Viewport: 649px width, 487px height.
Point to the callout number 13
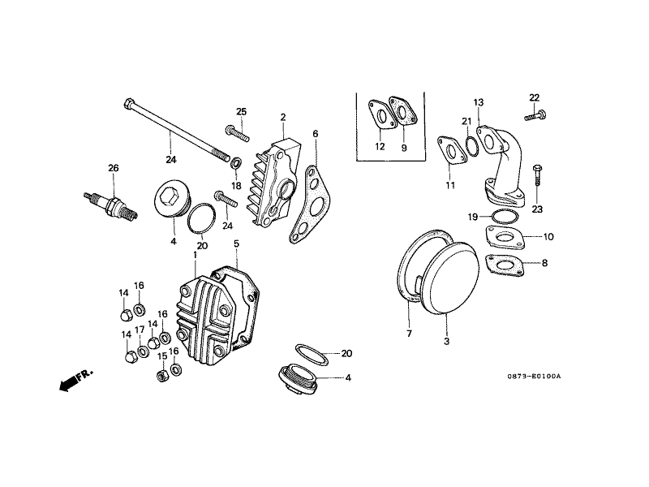click(x=479, y=102)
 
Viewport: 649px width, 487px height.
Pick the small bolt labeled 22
click(x=533, y=116)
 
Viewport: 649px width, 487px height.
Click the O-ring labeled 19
click(x=501, y=216)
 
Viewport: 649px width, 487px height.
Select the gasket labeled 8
click(x=506, y=265)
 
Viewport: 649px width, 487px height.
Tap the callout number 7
click(x=409, y=334)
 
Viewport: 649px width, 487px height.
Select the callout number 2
click(x=282, y=118)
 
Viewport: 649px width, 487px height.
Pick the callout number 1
click(x=195, y=255)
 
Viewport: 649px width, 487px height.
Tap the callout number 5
click(x=236, y=243)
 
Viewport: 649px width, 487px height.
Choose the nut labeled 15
click(x=161, y=375)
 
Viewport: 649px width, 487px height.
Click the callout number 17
click(x=140, y=330)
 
